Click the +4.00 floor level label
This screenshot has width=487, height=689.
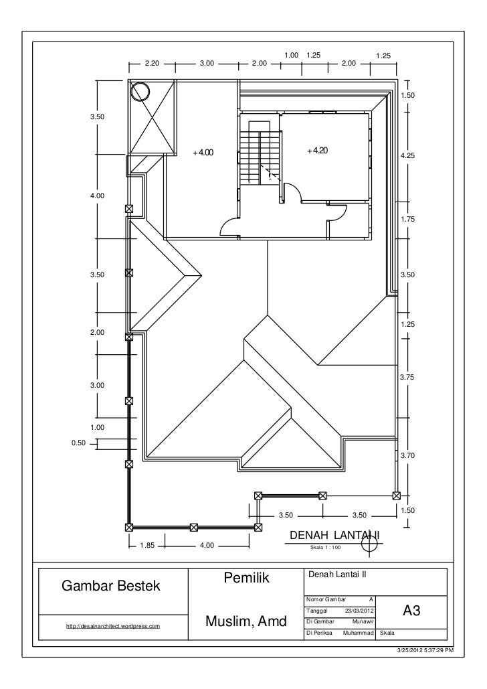click(x=203, y=153)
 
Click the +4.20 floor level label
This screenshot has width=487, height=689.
click(x=318, y=150)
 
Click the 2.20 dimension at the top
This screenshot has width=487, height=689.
click(x=152, y=63)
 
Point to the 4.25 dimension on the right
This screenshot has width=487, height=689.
click(x=408, y=155)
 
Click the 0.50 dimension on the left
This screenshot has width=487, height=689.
click(x=79, y=443)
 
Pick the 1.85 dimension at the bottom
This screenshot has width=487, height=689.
click(x=147, y=545)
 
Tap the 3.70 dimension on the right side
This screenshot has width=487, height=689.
click(x=408, y=456)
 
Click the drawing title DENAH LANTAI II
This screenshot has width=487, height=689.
click(x=334, y=535)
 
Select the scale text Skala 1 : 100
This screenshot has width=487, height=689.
click(x=325, y=548)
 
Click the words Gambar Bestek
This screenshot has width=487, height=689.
click(x=111, y=586)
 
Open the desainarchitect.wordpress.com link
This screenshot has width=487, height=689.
click(x=113, y=625)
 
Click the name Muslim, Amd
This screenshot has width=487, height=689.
click(x=246, y=621)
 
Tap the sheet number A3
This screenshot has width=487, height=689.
click(x=411, y=611)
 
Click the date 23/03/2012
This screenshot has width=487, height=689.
click(x=360, y=611)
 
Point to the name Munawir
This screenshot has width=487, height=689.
click(x=363, y=622)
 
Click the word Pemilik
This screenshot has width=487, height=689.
click(x=246, y=577)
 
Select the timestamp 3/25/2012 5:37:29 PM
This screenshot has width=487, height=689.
click(x=425, y=650)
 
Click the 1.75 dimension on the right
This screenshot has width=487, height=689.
click(x=408, y=219)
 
